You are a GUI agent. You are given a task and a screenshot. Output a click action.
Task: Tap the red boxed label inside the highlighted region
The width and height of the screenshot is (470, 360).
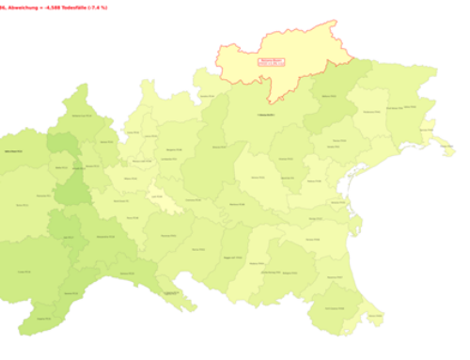[x=271, y=62]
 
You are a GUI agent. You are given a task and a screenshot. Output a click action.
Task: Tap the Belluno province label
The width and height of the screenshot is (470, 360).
[x=328, y=95]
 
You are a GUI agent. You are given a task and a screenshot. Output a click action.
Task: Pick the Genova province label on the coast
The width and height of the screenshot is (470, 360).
[x=169, y=294]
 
